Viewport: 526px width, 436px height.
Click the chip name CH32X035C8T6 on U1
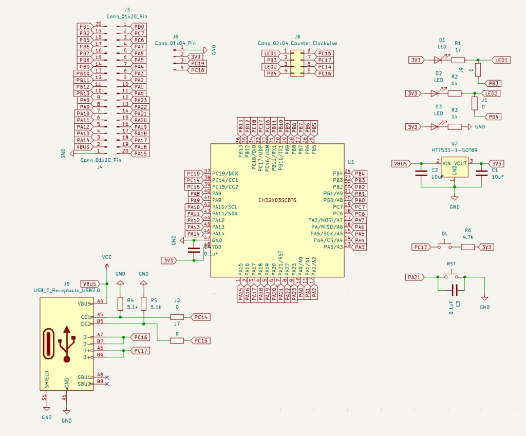point(277,200)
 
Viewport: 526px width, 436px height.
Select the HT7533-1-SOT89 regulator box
point(454,167)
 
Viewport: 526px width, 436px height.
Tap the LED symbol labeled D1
point(438,60)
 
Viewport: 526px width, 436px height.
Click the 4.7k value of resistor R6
point(467,237)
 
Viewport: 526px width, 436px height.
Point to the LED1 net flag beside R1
point(501,60)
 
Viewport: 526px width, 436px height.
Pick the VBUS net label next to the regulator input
point(401,163)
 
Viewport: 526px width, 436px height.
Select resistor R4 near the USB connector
point(120,304)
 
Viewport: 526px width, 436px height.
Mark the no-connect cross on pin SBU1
point(106,377)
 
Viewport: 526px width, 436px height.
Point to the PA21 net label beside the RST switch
point(416,277)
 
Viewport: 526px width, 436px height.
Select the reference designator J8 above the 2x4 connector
point(297,37)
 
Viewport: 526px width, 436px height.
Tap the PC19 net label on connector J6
point(197,63)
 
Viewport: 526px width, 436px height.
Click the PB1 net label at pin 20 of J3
point(84,26)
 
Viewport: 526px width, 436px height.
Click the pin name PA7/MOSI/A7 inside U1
point(325,220)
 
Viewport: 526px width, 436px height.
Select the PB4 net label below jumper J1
point(494,117)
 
